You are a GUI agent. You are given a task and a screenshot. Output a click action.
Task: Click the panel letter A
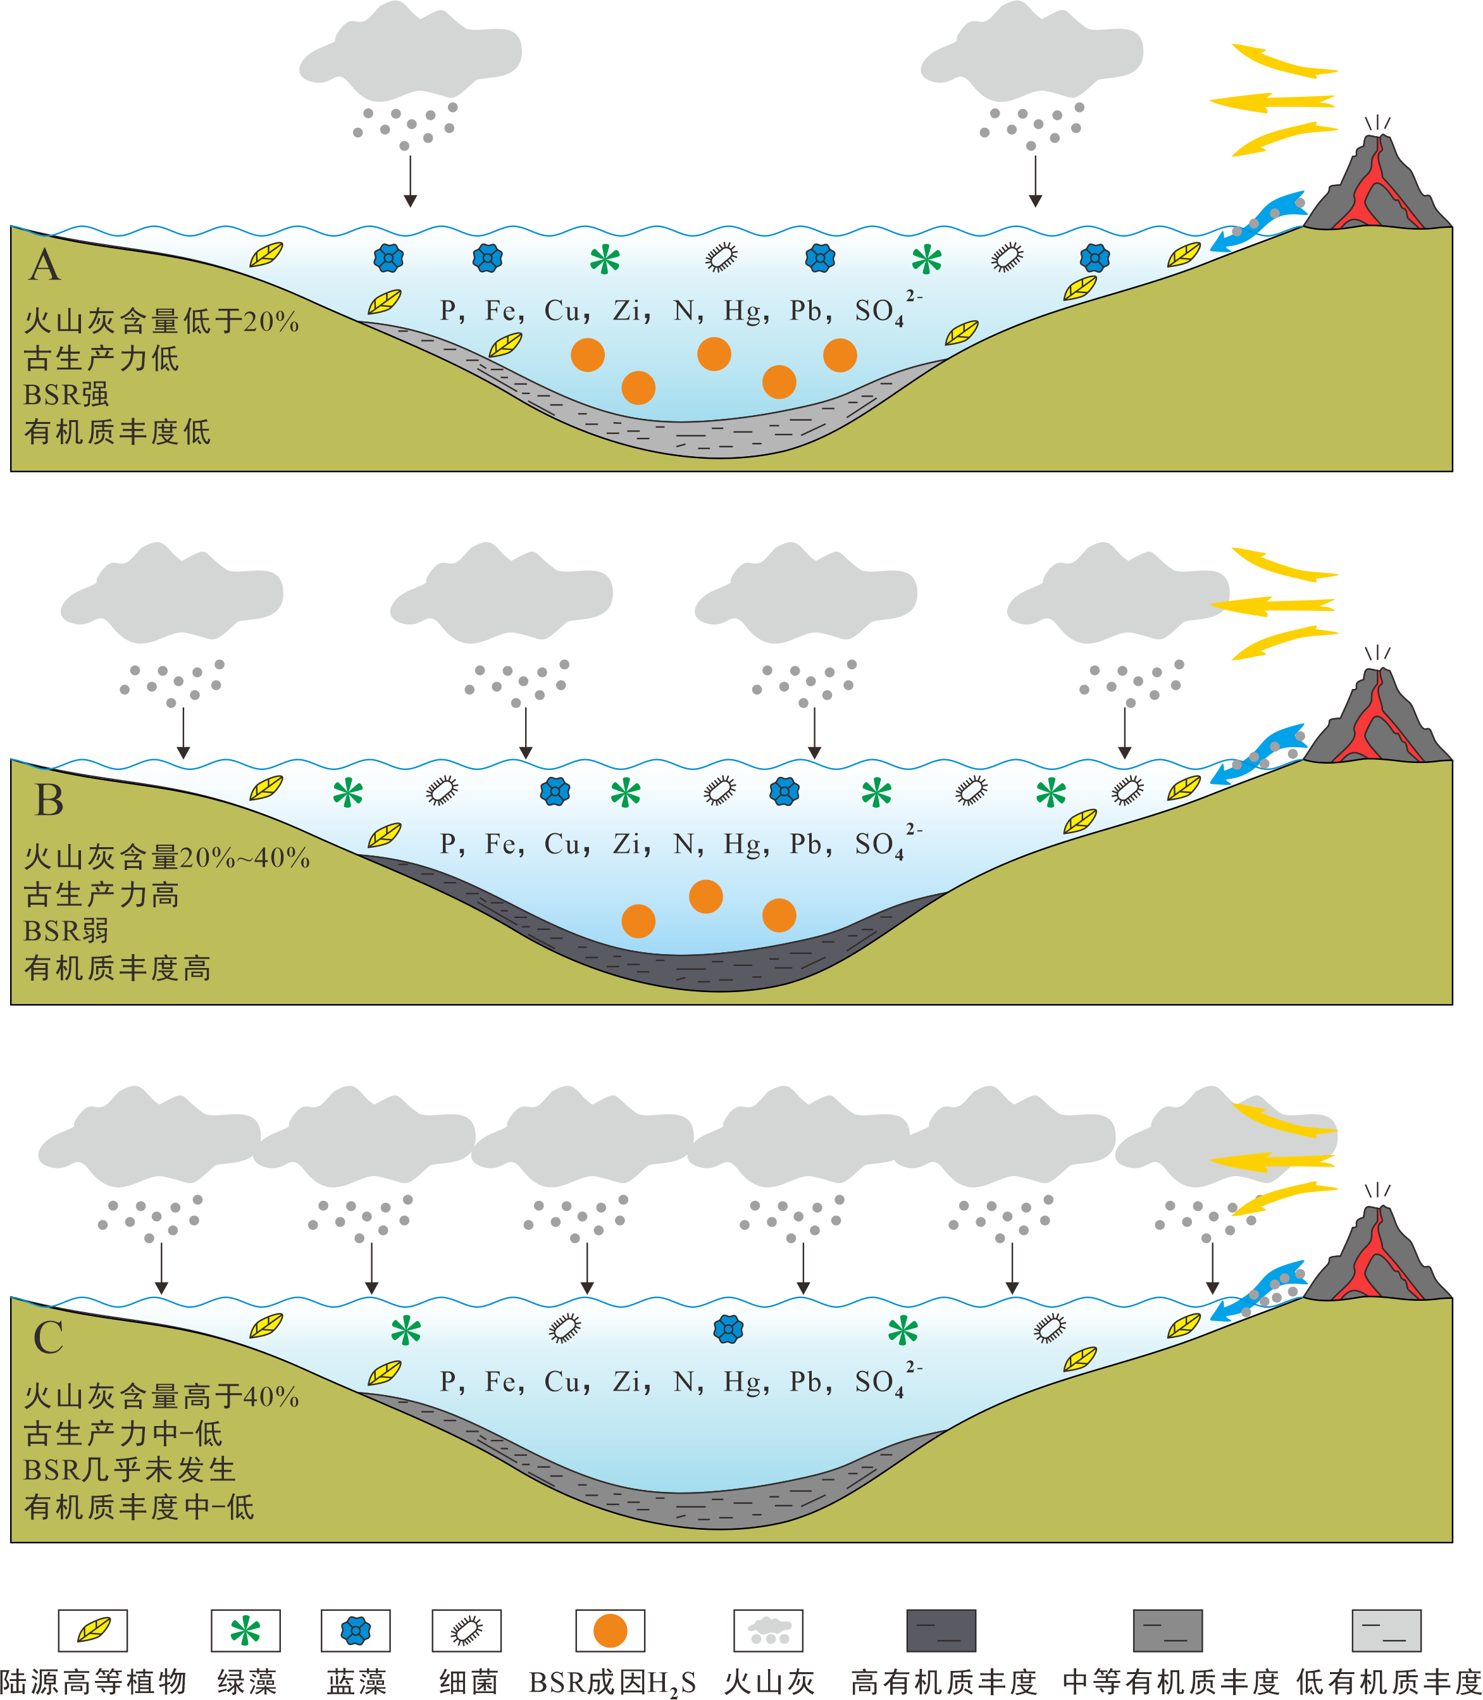pos(45,266)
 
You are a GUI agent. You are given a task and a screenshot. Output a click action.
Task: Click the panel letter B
pos(49,800)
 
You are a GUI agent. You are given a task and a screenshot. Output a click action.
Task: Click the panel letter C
pos(48,1338)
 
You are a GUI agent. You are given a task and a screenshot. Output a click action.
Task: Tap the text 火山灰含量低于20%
pos(161,321)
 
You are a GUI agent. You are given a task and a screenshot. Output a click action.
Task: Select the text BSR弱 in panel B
pos(66,931)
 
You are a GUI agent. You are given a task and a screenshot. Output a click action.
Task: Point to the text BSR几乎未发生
pos(130,1470)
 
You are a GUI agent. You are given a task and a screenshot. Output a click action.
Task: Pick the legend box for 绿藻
pos(245,1631)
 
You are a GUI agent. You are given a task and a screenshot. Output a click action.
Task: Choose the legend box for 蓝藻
pos(356,1631)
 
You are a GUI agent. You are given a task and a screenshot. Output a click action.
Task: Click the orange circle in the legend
pos(610,1631)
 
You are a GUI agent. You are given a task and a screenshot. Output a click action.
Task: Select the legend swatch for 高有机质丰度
pos(941,1631)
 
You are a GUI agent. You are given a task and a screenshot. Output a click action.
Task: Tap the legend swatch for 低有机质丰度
pos(1386,1631)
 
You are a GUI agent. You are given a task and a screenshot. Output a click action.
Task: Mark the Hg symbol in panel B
pos(742,844)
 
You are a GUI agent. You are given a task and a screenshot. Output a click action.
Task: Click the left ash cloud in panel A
pos(411,51)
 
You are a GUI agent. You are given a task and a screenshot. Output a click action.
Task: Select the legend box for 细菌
pos(467,1631)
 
